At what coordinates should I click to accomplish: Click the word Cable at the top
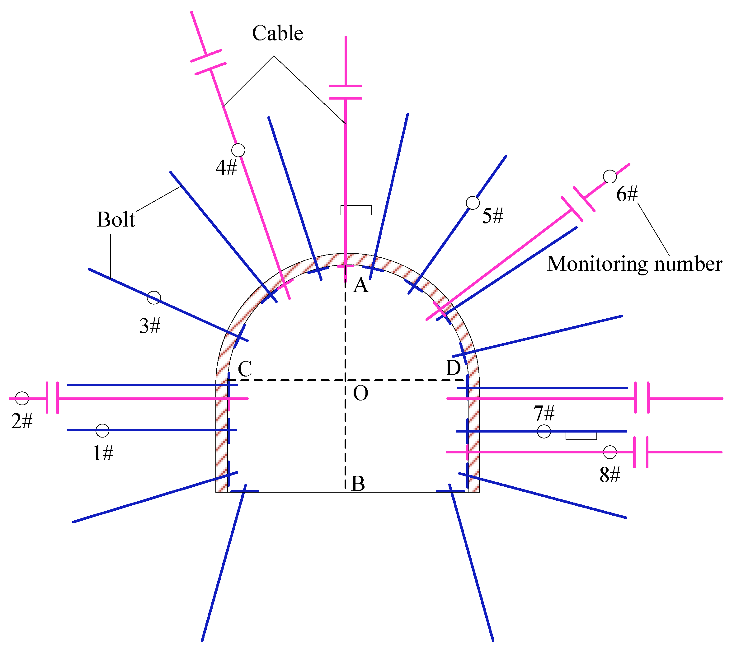277,33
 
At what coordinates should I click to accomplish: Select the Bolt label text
116,219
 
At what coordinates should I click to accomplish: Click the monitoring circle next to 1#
102,430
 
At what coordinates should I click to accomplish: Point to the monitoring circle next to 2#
22,398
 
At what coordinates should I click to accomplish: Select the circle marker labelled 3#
154,297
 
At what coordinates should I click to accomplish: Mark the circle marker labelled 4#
238,150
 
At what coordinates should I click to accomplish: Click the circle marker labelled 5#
473,203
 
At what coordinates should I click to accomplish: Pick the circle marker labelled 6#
610,176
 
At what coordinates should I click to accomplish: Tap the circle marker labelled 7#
544,431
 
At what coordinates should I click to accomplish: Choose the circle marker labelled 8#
610,452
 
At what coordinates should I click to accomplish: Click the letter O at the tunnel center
360,393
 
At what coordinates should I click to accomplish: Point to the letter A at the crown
360,286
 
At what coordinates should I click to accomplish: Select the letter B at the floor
358,484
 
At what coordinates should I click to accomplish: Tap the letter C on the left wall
245,369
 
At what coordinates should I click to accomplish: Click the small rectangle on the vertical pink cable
356,210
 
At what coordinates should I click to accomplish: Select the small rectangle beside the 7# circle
581,436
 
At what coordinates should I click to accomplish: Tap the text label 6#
627,194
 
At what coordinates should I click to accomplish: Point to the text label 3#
150,326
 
